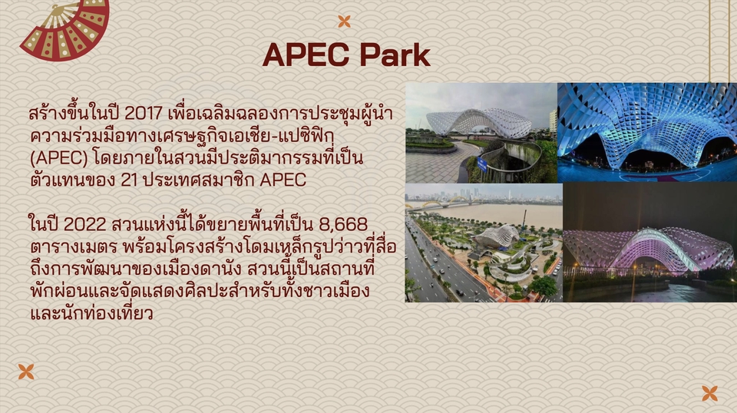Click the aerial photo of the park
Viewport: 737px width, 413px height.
484,243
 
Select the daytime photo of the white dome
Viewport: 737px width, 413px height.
481,132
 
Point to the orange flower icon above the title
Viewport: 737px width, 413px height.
344,21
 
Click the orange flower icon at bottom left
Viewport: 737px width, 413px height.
26,372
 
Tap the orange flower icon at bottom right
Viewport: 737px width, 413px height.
709,393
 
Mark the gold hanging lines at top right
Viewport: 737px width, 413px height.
719,38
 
